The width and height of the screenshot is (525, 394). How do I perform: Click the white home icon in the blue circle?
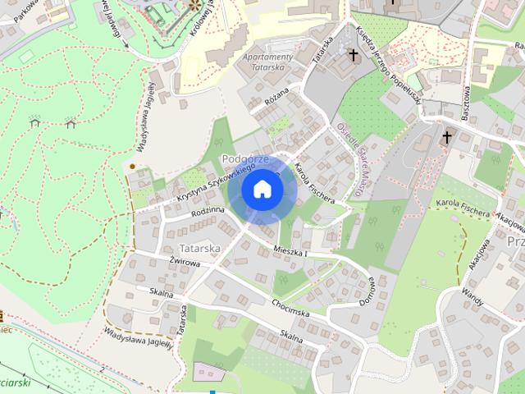click(x=262, y=190)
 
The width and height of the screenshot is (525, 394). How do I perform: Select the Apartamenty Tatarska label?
click(x=268, y=62)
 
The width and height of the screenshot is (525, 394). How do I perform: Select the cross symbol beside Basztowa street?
click(x=448, y=136)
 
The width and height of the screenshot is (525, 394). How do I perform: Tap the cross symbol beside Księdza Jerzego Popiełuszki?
click(x=354, y=56)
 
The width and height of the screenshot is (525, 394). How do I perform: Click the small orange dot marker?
click(x=133, y=167)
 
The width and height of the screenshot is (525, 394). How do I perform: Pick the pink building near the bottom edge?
click(x=207, y=371)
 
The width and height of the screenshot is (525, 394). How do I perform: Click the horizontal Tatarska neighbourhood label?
click(x=197, y=247)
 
